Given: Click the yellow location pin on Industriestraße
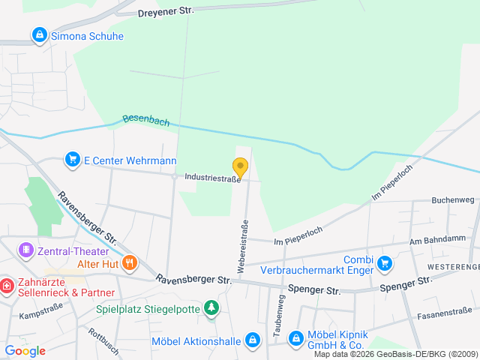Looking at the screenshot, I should [x=240, y=167].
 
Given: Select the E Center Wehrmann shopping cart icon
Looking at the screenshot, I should [x=73, y=160].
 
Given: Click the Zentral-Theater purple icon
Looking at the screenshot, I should [x=26, y=249].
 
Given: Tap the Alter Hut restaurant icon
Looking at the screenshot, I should [x=130, y=262].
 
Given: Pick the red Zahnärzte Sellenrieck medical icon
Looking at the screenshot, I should [x=6, y=286].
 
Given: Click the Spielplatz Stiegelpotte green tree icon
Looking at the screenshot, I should [x=212, y=307].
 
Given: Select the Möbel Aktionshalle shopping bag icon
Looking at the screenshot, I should [x=253, y=340].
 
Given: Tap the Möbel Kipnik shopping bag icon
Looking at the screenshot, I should [x=295, y=338].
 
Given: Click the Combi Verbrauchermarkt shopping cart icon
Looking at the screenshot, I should [x=385, y=262].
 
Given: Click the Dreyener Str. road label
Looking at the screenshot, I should [x=166, y=12].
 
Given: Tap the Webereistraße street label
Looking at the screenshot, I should [x=243, y=246].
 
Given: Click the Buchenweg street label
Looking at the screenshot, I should [x=453, y=200].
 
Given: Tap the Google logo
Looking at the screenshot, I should [x=25, y=351].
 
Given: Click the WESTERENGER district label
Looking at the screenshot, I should [x=453, y=267].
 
